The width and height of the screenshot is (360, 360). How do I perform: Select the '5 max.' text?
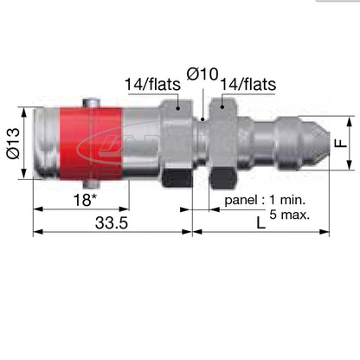(291, 212)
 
